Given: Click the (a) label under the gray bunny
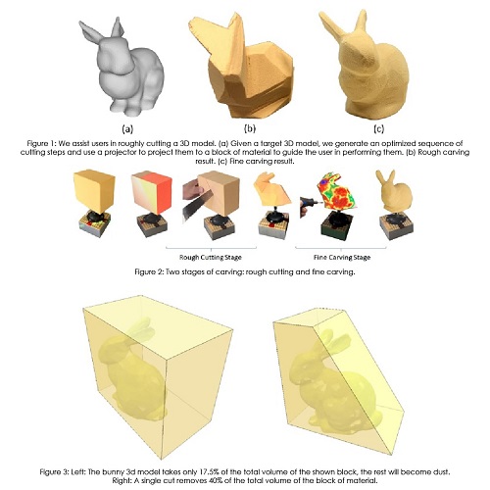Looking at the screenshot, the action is point(127,129).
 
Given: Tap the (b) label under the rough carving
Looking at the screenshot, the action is point(250,128).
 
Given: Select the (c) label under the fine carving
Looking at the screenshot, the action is point(378,129).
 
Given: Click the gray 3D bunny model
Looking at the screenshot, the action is point(122,67).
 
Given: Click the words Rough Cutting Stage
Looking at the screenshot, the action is point(211,258).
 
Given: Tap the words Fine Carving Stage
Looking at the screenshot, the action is point(342,258).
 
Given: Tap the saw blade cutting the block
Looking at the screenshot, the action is point(197,204).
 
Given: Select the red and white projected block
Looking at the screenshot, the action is point(152,194).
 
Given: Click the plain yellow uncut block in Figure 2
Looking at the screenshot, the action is point(94,189).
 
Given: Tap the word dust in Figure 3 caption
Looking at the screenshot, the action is point(443,472).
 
